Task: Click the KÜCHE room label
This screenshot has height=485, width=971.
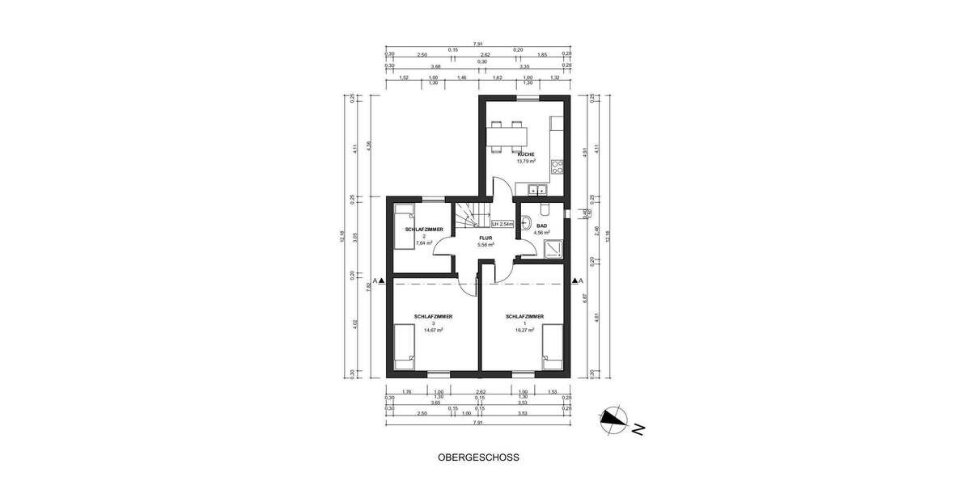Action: (x=525, y=154)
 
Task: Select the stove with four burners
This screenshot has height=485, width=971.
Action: (x=557, y=168)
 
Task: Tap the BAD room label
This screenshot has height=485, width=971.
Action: (x=542, y=226)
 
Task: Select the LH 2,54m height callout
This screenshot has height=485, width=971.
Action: (x=502, y=224)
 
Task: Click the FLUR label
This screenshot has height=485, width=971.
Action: (x=485, y=238)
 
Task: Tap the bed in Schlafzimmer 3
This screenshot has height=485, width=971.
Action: (x=404, y=347)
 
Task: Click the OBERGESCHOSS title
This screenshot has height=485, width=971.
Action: (x=478, y=457)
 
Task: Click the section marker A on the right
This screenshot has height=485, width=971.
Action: (x=579, y=280)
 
